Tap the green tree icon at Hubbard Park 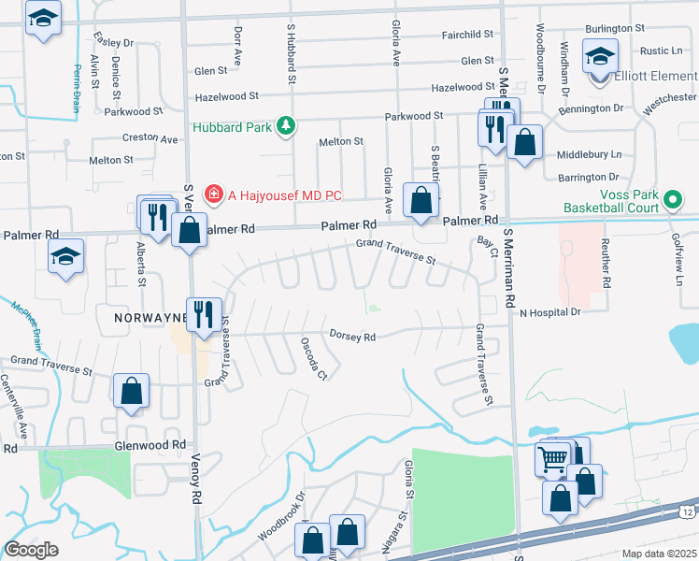[x=288, y=126]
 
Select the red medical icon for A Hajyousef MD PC [x=213, y=194]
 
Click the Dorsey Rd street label [x=351, y=336]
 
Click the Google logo [x=31, y=550]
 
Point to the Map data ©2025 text [x=660, y=554]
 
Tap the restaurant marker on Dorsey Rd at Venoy [x=202, y=313]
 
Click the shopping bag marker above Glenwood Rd [x=131, y=391]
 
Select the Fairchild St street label [x=467, y=35]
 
